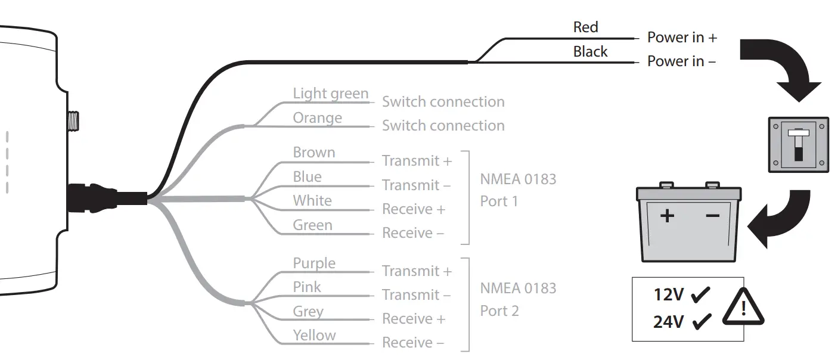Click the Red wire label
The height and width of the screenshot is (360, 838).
coord(585,27)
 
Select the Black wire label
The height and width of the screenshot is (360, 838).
coord(590,52)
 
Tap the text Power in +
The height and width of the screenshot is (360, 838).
coord(682,38)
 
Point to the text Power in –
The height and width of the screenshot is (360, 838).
coord(681,61)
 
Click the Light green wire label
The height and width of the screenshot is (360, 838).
coord(330,94)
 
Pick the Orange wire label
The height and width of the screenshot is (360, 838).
coord(317,118)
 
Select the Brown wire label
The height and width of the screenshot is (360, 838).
coord(314,153)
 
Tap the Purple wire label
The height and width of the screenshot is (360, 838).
coord(314,263)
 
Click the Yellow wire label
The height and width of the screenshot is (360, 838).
coord(314,335)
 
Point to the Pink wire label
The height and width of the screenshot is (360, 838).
coord(306,287)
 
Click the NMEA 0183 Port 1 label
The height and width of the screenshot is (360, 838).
coord(517,190)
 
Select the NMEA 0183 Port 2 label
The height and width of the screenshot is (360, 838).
coord(517,300)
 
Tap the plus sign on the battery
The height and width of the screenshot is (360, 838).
coord(667,215)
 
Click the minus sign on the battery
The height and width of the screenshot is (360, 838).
coord(712,215)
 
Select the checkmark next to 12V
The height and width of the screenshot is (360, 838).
coord(702,294)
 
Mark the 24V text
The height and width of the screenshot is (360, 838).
coord(668,322)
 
